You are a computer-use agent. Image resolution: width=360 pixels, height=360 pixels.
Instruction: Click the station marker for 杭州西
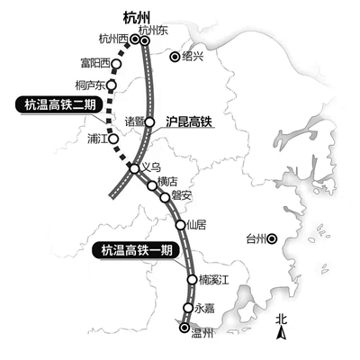pyautogui.click(x=135, y=39)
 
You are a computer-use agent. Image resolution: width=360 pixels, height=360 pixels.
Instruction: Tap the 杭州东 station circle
pyautogui.click(x=145, y=40)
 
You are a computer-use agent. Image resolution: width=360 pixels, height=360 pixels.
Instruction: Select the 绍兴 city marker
pyautogui.click(x=175, y=57)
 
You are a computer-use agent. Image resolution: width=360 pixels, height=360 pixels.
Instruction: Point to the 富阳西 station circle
pyautogui.click(x=116, y=64)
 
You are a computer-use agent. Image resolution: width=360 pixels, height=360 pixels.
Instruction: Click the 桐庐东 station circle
pyautogui.click(x=112, y=85)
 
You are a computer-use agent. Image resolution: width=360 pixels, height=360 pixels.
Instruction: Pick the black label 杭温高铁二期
pyautogui.click(x=60, y=105)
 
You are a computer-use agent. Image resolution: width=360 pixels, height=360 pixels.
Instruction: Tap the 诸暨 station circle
pyautogui.click(x=149, y=122)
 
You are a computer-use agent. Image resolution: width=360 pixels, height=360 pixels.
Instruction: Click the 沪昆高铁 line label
pyautogui.click(x=189, y=121)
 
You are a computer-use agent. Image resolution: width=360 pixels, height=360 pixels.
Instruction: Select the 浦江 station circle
pyautogui.click(x=113, y=139)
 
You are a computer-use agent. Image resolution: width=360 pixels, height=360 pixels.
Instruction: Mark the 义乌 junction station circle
pyautogui.click(x=134, y=169)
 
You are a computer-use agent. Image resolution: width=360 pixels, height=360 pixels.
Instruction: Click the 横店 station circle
pyautogui.click(x=152, y=186)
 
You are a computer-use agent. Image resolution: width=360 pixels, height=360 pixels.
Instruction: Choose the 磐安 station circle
pyautogui.click(x=165, y=197)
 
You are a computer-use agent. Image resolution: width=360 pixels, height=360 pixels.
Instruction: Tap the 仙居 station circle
pyautogui.click(x=181, y=225)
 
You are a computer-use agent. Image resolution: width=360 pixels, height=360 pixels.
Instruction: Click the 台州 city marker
pyautogui.click(x=273, y=238)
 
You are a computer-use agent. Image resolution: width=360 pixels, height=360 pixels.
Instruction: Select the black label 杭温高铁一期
pyautogui.click(x=137, y=250)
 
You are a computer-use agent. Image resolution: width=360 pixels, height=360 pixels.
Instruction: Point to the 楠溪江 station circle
pyautogui.click(x=192, y=279)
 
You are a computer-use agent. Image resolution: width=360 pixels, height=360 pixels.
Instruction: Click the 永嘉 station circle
pyautogui.click(x=188, y=308)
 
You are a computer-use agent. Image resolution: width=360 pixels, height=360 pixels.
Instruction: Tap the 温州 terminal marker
pyautogui.click(x=184, y=328)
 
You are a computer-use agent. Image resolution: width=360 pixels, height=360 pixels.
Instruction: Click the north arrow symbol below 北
pyautogui.click(x=281, y=334)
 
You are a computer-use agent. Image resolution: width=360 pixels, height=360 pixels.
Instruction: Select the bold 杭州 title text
pyautogui.click(x=137, y=19)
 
